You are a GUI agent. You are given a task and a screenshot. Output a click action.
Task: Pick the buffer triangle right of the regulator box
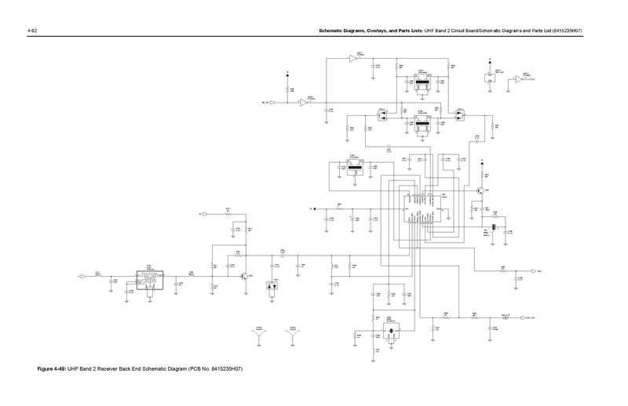pos(519,79)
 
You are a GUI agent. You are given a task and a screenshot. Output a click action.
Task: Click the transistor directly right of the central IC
pos(480,190)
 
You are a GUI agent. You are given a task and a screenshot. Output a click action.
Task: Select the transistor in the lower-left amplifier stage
pos(246,276)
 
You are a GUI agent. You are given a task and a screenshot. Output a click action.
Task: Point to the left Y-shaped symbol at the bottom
pos(259,335)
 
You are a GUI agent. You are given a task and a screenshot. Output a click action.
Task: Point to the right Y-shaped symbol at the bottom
pos(293,335)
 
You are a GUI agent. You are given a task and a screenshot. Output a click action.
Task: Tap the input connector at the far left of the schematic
pos(81,276)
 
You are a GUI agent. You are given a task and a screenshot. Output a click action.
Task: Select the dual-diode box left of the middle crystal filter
pos(384,114)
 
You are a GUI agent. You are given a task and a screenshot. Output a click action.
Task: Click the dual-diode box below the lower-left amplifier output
pos(273,288)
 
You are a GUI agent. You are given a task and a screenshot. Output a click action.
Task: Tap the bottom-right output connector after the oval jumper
pos(522,317)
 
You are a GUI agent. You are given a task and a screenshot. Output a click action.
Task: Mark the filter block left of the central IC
pos(353,167)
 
